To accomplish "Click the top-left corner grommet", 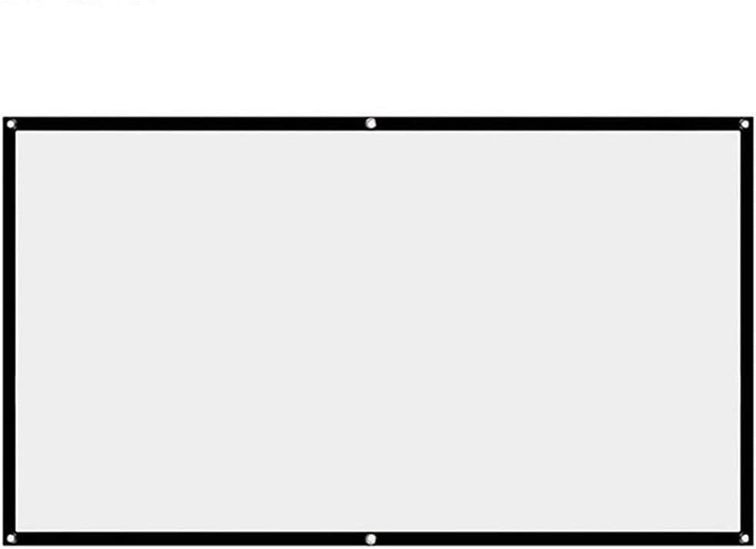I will pyautogui.click(x=11, y=124).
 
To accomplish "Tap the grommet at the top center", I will pyautogui.click(x=371, y=123).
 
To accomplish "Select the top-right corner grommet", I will pyautogui.click(x=744, y=124).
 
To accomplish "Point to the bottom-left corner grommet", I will pyautogui.click(x=11, y=537).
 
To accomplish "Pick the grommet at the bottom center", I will pyautogui.click(x=371, y=538).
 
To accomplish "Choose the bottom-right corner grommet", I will pyautogui.click(x=744, y=537).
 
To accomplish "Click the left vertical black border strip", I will pyautogui.click(x=9, y=331).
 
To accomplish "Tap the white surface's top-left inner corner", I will pyautogui.click(x=16, y=132).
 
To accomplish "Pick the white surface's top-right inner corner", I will pyautogui.click(x=740, y=132).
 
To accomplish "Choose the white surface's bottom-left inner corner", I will pyautogui.click(x=16, y=531).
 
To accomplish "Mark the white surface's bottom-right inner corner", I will pyautogui.click(x=740, y=531).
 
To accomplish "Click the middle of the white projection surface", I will pyautogui.click(x=378, y=331).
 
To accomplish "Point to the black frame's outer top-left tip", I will pyautogui.click(x=3, y=118).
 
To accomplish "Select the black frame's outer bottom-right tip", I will pyautogui.click(x=751, y=544).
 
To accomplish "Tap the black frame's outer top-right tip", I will pyautogui.click(x=751, y=118).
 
